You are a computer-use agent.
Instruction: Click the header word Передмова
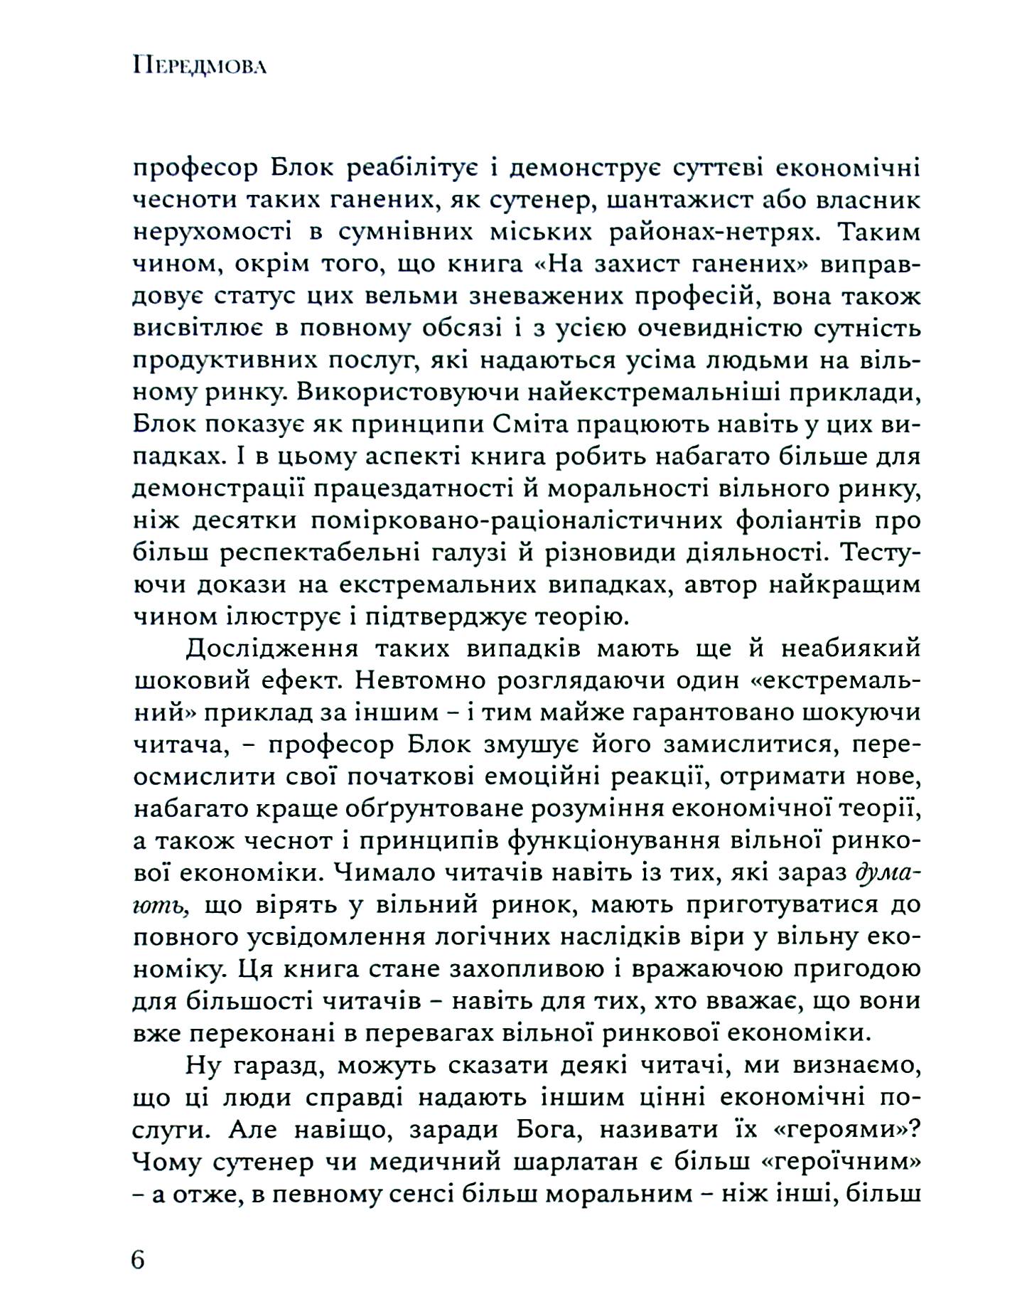click(x=199, y=68)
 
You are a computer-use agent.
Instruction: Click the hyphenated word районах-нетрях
click(x=711, y=233)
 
